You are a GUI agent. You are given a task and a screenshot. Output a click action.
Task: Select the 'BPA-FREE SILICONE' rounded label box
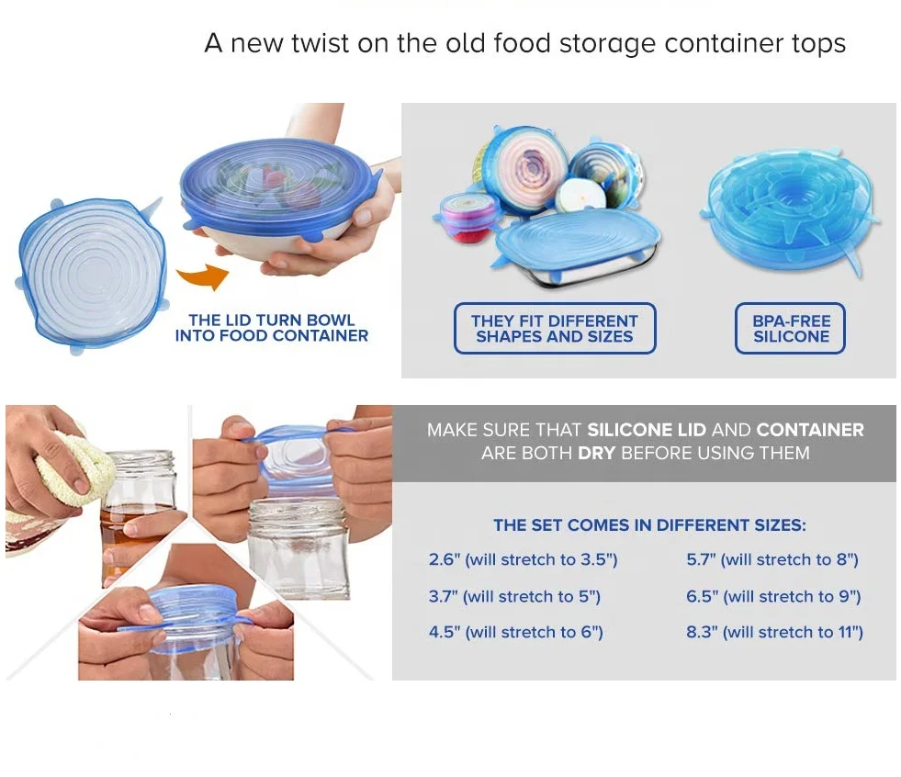(x=790, y=329)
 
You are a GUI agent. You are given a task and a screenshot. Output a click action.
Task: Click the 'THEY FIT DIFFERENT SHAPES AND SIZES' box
(x=555, y=329)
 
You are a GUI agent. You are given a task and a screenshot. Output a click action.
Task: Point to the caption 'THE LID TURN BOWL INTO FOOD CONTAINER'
(x=271, y=329)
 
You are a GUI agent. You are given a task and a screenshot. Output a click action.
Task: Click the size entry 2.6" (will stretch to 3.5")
(x=523, y=559)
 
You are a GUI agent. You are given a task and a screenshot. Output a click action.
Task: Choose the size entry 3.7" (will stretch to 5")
(x=514, y=596)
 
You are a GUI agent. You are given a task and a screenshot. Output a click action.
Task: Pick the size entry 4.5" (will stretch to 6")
(x=515, y=632)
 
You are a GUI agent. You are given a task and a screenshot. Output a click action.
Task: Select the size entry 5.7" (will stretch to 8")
(x=772, y=559)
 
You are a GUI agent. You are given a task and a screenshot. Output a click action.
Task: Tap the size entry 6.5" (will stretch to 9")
(x=773, y=596)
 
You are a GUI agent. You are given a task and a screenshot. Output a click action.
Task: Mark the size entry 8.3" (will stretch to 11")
(x=774, y=632)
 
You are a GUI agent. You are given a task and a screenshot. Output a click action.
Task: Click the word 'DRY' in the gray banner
(x=596, y=453)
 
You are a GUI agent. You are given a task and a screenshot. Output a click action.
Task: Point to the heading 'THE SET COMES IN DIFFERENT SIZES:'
(x=649, y=525)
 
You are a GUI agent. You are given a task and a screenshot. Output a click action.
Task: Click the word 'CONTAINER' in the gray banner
(x=809, y=430)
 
